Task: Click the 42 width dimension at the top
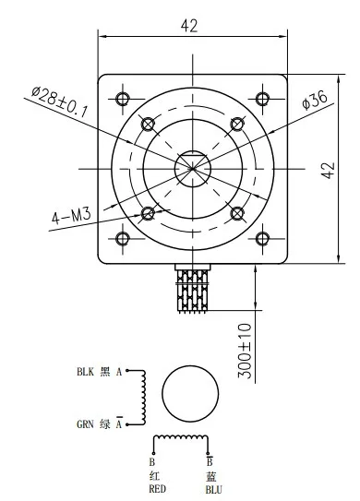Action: click(x=189, y=26)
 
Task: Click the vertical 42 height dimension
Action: click(x=329, y=171)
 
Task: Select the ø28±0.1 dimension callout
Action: click(x=59, y=101)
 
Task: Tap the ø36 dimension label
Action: click(x=315, y=100)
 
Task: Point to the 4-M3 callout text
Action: click(x=71, y=216)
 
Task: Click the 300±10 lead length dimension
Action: click(x=246, y=351)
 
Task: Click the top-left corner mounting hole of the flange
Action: click(x=123, y=99)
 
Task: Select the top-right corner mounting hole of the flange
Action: click(x=262, y=99)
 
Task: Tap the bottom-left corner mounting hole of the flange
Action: click(x=123, y=238)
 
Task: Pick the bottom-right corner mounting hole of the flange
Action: click(x=262, y=238)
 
